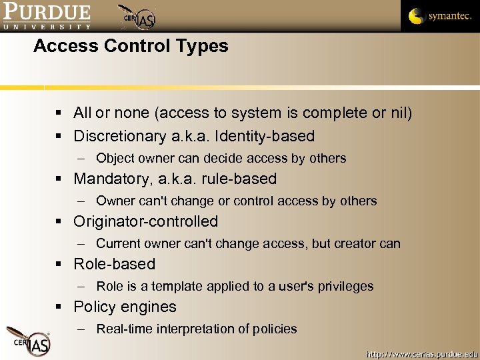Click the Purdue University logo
coord(47,16)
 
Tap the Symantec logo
coord(439,16)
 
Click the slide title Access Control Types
coord(131,46)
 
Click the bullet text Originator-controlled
coord(146,221)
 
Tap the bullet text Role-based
coord(115,264)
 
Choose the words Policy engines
coord(125,307)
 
